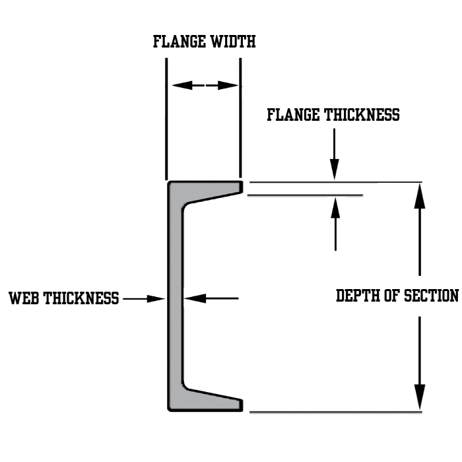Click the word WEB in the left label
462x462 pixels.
(x=24, y=298)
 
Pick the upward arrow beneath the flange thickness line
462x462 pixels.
(x=335, y=210)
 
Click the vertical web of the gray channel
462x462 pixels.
(x=175, y=297)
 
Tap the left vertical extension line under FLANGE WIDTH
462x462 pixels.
(x=166, y=119)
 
